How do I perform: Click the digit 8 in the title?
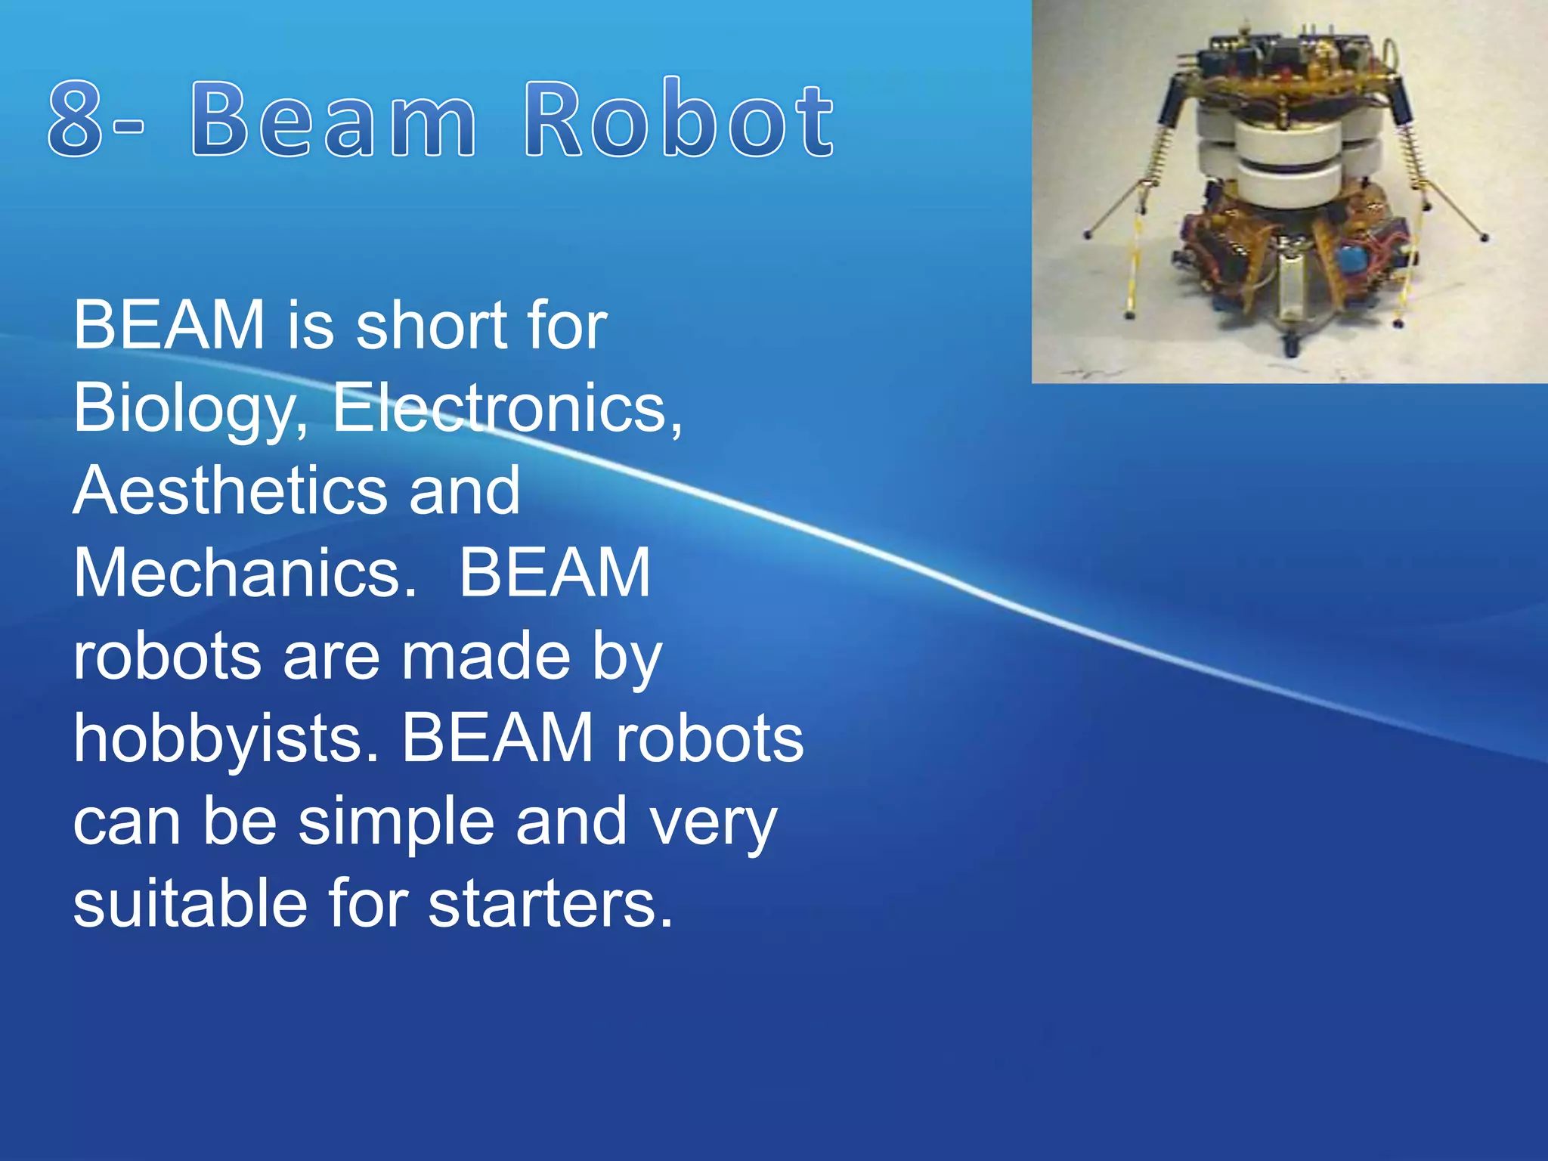(x=76, y=119)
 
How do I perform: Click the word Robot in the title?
(x=679, y=119)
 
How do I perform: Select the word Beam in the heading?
(x=333, y=119)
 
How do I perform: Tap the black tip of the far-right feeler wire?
(x=1485, y=238)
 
